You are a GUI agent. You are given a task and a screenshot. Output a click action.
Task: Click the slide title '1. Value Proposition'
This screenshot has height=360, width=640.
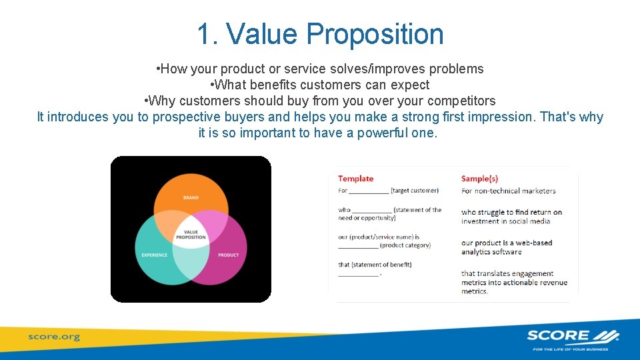pos(320,34)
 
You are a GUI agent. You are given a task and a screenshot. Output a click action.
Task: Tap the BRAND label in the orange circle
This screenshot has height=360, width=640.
pos(191,198)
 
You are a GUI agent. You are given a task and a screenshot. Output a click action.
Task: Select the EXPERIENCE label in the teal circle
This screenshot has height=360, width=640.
pos(155,255)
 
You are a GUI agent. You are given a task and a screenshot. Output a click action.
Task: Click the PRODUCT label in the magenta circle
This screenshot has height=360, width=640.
pos(228,255)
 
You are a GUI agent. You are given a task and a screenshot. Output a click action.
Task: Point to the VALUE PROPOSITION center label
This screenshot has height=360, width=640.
pos(191,235)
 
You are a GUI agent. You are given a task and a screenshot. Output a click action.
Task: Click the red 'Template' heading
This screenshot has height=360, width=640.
pos(355,179)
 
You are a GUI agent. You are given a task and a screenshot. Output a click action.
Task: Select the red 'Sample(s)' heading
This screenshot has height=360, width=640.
pos(479,179)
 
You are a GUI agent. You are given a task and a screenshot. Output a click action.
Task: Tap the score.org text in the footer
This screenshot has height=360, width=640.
pos(54,337)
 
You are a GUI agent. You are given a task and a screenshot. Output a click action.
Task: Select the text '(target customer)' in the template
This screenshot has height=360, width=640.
pos(415,191)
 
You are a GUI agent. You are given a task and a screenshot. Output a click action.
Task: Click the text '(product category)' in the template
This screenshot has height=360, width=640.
pos(405,245)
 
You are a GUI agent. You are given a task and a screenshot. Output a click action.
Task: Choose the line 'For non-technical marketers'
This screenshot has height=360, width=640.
pos(508,191)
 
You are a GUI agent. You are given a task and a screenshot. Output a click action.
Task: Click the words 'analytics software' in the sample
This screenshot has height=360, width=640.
pos(491,252)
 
